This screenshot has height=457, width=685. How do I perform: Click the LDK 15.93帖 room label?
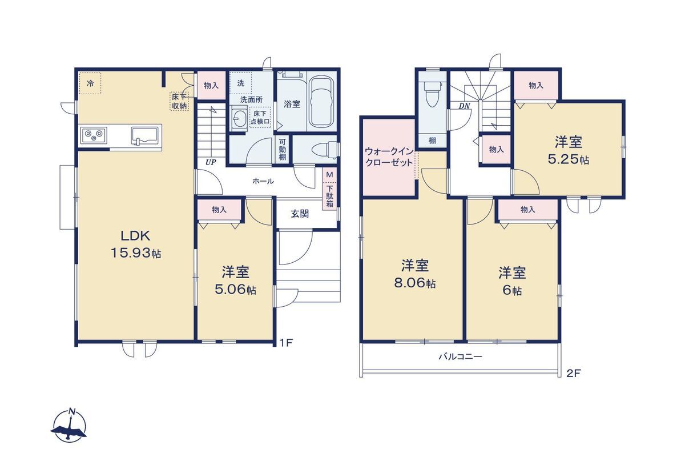[x=135, y=244]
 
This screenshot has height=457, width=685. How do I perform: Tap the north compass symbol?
[x=68, y=425]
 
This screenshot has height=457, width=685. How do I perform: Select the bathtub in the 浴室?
[x=320, y=102]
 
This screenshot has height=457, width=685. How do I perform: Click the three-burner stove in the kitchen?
[x=94, y=135]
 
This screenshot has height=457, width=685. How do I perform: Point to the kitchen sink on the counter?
[x=146, y=135]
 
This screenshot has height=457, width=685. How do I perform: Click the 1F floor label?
[x=286, y=343]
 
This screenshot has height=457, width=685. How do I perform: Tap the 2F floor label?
[x=573, y=374]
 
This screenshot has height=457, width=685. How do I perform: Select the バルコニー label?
[x=461, y=356]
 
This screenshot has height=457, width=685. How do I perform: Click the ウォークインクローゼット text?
[x=389, y=157]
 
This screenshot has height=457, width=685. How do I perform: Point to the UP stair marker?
[x=211, y=162]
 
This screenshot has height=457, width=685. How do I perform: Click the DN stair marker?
[x=464, y=106]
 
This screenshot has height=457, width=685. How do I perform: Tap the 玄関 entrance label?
[x=300, y=214]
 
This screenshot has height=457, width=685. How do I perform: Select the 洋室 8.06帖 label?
[x=414, y=274]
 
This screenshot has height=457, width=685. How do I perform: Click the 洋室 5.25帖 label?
[x=568, y=150]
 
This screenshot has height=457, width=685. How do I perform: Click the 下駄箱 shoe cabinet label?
[x=330, y=196]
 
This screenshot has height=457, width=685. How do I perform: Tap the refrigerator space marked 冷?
[x=90, y=83]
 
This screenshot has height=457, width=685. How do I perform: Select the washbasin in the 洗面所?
[x=239, y=118]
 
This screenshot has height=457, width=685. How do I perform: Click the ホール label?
[x=263, y=181]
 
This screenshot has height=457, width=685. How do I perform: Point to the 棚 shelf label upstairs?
[x=432, y=141]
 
